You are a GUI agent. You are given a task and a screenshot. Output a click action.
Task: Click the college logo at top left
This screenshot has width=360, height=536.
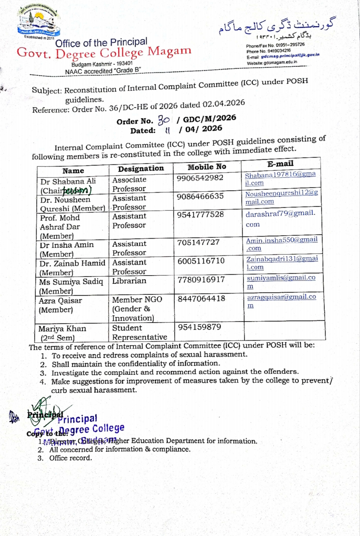pyautogui.click(x=39, y=22)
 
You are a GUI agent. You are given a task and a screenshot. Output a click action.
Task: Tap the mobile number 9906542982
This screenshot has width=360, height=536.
pyautogui.click(x=200, y=178)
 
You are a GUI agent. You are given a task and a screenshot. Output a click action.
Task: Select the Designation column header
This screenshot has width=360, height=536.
pyautogui.click(x=141, y=169)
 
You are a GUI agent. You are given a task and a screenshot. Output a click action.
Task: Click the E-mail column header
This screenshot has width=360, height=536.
pyautogui.click(x=280, y=164)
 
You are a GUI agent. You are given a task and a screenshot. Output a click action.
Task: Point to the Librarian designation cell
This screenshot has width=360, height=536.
pyautogui.click(x=129, y=281)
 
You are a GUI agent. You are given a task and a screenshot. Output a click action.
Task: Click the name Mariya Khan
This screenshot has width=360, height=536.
pyautogui.click(x=62, y=329)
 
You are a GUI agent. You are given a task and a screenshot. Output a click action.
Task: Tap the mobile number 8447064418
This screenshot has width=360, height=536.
pyautogui.click(x=201, y=298)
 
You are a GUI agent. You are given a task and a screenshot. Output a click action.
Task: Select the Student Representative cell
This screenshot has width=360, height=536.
pyautogui.click(x=139, y=332)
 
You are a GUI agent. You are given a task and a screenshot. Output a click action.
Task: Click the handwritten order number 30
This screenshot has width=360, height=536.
pyautogui.click(x=164, y=120)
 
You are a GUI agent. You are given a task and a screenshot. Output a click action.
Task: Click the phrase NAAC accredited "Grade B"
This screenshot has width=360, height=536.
pyautogui.click(x=103, y=71)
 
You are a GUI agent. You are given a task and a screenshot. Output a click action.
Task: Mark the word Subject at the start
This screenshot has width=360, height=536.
pyautogui.click(x=47, y=90)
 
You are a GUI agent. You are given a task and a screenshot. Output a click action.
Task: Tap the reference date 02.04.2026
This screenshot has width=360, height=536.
pyautogui.click(x=224, y=103)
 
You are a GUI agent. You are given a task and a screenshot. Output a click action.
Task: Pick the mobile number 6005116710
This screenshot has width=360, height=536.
pyautogui.click(x=201, y=261)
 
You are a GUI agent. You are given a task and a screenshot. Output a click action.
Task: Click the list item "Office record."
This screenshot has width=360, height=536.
pyautogui.click(x=70, y=458)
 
